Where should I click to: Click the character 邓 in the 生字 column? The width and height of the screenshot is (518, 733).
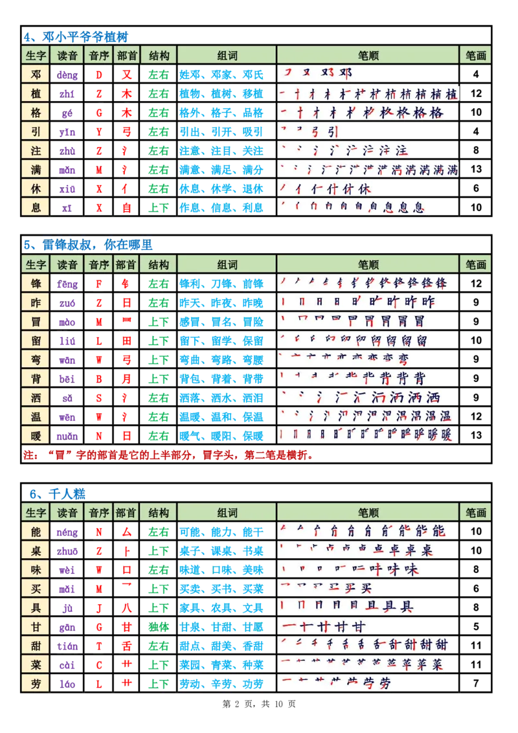coord(36,74)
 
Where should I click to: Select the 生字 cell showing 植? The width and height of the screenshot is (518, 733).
coord(36,93)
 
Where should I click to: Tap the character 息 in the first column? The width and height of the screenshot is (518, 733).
coord(36,208)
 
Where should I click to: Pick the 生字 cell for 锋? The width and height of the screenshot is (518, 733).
coord(36,283)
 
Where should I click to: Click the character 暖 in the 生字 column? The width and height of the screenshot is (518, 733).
coord(36,434)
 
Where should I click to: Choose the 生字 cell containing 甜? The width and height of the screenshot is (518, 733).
coord(36,645)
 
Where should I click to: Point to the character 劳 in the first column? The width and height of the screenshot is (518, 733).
coord(36,683)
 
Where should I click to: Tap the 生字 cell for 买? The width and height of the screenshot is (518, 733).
coord(36,588)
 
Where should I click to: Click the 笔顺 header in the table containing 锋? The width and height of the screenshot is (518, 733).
coord(368,264)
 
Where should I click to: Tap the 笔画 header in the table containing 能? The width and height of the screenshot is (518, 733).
coord(475,513)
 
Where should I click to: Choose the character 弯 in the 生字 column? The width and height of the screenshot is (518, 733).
coord(36,359)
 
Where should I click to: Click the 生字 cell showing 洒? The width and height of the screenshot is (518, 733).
coord(36,397)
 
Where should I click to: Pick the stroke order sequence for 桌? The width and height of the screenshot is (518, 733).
coord(355,550)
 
